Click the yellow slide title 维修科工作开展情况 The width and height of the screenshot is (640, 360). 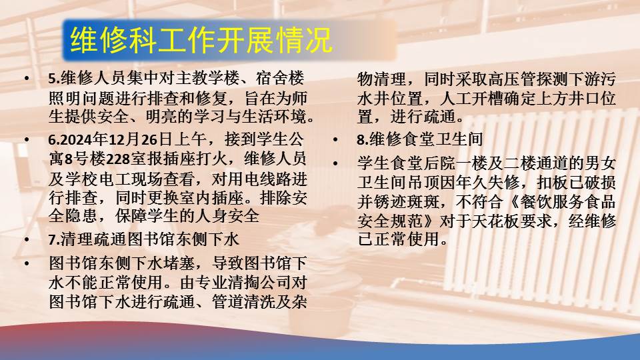(x=201, y=40)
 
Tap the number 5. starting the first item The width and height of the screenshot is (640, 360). (x=54, y=79)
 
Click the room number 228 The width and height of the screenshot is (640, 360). (x=118, y=159)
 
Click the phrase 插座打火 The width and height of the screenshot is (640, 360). (x=196, y=159)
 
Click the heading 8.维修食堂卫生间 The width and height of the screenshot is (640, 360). (x=420, y=139)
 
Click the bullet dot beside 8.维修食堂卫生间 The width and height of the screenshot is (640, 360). (x=335, y=139)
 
